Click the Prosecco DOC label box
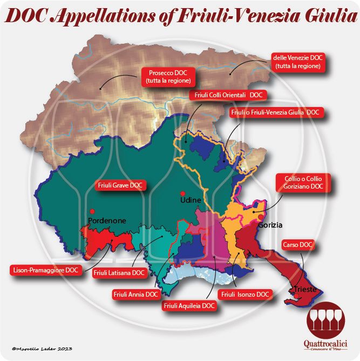167,76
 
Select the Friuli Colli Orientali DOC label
226,95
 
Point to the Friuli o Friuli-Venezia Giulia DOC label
275,112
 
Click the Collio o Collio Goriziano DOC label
303,182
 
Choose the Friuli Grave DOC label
120,185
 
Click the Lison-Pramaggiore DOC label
46,268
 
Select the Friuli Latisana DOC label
119,273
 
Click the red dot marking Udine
184,193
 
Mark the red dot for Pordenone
92,211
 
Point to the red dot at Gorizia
261,217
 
